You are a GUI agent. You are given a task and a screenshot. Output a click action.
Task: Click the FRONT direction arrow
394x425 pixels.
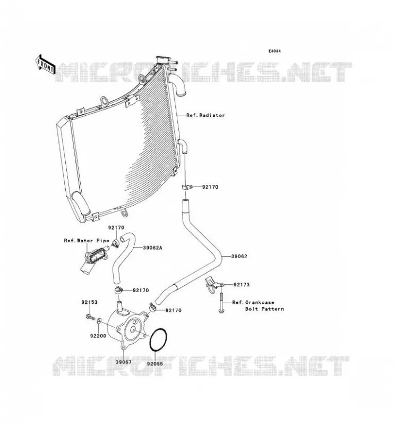[x=45, y=64]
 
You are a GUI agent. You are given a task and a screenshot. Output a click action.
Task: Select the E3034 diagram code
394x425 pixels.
[x=275, y=51]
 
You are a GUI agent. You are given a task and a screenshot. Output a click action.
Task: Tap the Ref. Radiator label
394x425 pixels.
[x=205, y=115]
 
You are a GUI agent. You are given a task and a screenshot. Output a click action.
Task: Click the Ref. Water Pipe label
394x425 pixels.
[x=87, y=241]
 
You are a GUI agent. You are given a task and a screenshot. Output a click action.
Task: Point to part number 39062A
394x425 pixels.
[x=152, y=248]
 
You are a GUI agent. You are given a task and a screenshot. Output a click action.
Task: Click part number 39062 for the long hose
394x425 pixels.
[x=239, y=257]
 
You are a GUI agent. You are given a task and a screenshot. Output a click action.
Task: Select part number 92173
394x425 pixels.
[x=242, y=285]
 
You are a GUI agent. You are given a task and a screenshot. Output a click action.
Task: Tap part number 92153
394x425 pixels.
[x=89, y=302]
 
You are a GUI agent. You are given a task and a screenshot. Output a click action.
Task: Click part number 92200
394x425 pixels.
[x=98, y=336]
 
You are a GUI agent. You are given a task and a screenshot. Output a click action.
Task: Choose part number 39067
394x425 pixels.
[x=123, y=362]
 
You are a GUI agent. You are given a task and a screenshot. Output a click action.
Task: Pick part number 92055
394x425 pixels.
[x=155, y=364]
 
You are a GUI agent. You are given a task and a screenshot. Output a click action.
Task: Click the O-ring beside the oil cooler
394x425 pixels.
[x=149, y=341]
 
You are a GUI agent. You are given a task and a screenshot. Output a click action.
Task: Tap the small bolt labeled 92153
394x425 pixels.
[x=89, y=316]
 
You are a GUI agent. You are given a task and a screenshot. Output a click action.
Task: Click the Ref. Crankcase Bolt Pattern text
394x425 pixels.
[x=258, y=305]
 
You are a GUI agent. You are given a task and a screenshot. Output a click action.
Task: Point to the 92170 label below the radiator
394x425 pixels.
[x=210, y=187]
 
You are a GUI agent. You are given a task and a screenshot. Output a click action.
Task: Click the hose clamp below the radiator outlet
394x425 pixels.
[x=187, y=187]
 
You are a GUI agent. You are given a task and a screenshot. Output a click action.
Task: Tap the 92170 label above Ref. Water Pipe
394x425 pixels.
[x=116, y=228]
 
